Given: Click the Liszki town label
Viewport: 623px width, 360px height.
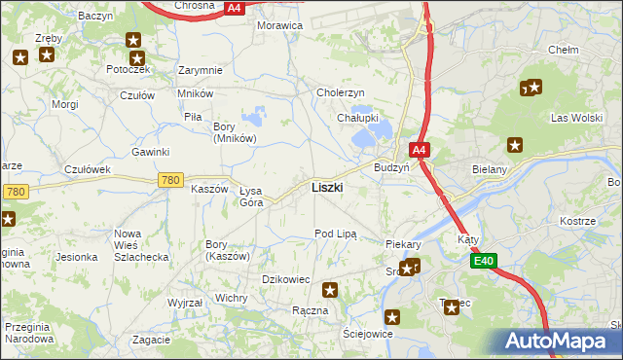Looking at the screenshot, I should (x=326, y=187).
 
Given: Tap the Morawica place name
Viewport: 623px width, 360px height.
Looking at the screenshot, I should (x=279, y=25).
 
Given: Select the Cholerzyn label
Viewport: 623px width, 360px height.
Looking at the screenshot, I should (x=341, y=92).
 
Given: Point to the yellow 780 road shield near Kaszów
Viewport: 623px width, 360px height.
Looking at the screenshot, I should (x=170, y=180).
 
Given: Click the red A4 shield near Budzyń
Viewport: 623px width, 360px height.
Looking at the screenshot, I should (x=418, y=151).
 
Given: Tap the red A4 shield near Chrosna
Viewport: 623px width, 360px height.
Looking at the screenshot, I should (x=234, y=7).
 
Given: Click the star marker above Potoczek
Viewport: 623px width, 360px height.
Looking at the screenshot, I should (x=134, y=41).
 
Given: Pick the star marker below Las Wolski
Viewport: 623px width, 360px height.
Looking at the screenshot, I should (x=515, y=146).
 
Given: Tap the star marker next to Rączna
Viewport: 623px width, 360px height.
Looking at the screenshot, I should (x=331, y=289).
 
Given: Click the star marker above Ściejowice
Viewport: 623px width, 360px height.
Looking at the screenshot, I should (x=392, y=316).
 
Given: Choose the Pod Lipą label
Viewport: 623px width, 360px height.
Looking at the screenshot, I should (x=336, y=234).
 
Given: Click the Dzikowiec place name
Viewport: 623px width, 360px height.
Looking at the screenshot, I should (x=286, y=279).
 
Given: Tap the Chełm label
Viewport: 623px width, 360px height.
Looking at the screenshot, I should (x=564, y=50).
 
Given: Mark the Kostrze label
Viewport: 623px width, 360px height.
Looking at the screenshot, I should (x=577, y=222).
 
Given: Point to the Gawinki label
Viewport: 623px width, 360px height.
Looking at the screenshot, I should (x=151, y=152).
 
